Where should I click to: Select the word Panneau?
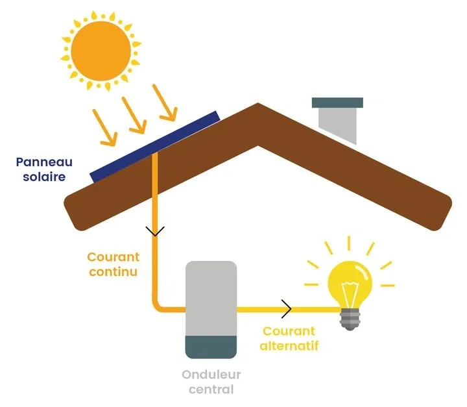click(45, 162)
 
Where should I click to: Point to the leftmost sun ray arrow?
click(105, 127)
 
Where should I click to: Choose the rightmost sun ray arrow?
click(165, 103)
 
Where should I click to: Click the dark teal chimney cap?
click(337, 103)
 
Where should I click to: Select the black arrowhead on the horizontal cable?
click(286, 310)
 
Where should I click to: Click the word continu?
click(112, 271)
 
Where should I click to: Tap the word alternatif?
click(289, 346)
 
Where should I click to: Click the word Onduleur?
click(211, 375)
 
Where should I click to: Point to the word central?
click(211, 389)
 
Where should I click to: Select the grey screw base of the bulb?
click(350, 318)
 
